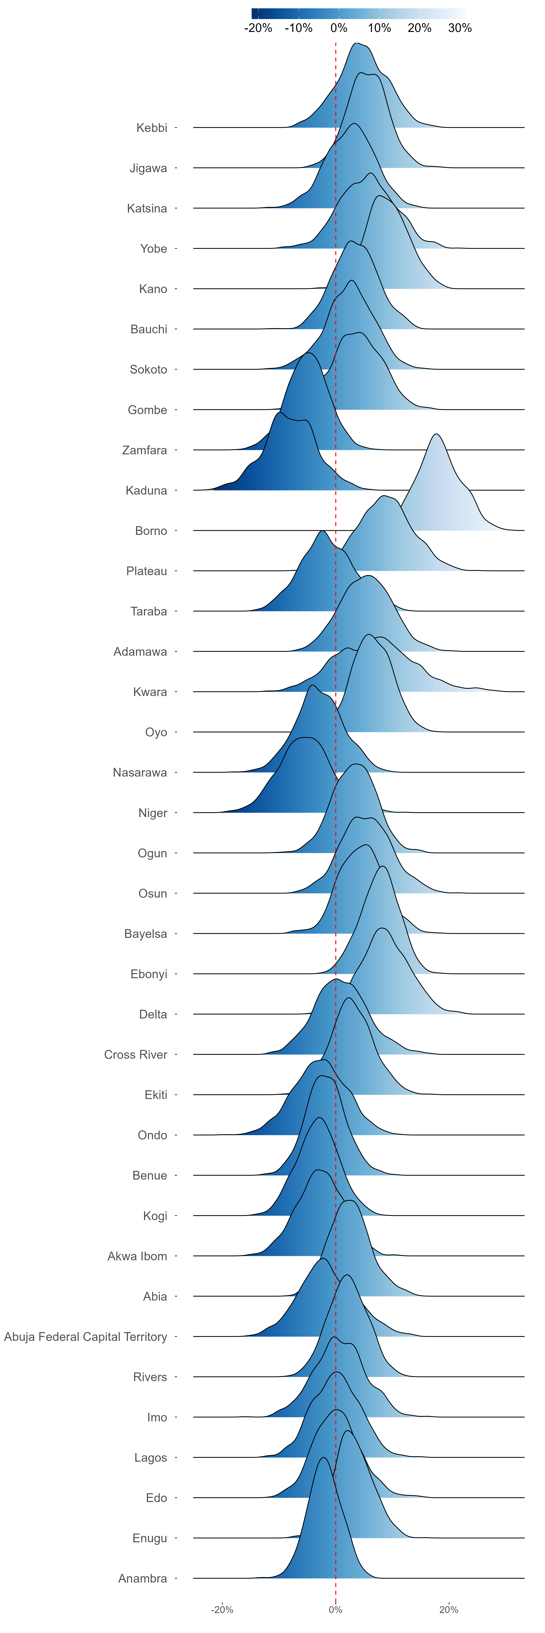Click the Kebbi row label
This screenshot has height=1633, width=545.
coord(152,128)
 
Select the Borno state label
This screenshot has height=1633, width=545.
coord(151,531)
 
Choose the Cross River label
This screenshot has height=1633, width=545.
coord(136,1054)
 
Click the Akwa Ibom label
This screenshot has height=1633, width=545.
coord(137,1256)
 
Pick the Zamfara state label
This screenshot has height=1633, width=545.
coord(145,450)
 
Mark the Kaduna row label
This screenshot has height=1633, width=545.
coord(147,490)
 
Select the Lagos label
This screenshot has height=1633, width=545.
coord(150,1457)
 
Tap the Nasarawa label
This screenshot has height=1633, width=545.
coord(140,772)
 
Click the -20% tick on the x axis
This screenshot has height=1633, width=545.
coord(222,1610)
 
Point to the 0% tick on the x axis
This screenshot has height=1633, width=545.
coord(336,1610)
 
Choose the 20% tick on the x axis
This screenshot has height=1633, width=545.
coord(449,1610)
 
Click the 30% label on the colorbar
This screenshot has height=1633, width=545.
coord(460,28)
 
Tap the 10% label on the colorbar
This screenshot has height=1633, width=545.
coord(379,28)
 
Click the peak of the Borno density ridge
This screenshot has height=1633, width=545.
coord(436,434)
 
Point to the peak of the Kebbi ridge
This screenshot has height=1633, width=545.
coord(357,43)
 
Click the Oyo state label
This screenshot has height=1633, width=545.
coord(156,732)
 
